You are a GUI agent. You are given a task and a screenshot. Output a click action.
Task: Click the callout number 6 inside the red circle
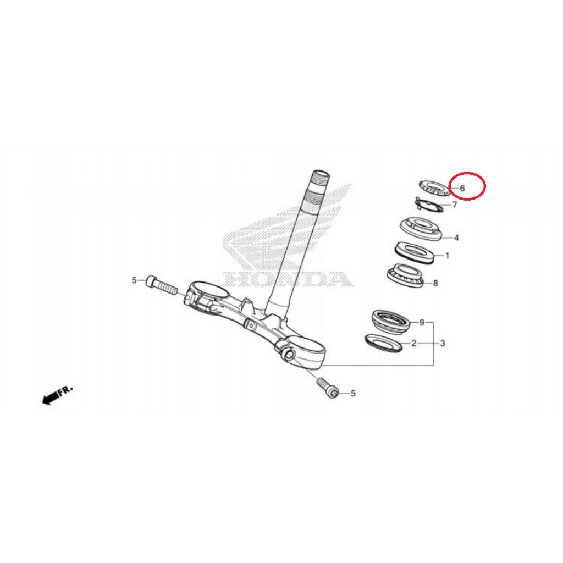point(462,188)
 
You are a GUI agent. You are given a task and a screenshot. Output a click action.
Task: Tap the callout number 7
point(455,205)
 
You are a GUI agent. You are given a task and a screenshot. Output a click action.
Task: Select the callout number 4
point(456,238)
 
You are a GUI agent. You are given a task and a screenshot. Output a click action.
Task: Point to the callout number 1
point(447,256)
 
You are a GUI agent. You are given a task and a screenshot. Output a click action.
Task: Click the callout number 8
point(435,283)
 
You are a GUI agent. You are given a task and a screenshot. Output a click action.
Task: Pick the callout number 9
point(422,322)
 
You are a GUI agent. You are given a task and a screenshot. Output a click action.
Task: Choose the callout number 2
point(413,343)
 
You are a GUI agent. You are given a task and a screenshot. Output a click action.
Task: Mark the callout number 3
point(443,343)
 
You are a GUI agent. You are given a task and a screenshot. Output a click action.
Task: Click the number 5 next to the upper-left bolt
point(134,280)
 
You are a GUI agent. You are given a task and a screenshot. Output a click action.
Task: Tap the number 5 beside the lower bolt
point(353,394)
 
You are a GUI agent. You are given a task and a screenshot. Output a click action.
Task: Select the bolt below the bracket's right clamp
point(328,387)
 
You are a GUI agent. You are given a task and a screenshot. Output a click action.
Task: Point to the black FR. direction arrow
point(57,395)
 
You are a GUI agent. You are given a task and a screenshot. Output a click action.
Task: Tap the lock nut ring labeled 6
point(434,188)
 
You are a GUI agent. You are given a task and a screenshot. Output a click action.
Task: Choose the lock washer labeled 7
point(430,205)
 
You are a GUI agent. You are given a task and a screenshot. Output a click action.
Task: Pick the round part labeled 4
point(421,229)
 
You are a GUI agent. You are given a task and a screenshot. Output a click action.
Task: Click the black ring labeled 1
point(415,253)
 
